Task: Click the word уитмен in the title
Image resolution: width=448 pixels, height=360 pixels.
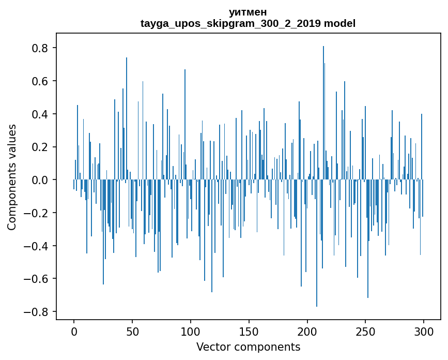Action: point(248,12)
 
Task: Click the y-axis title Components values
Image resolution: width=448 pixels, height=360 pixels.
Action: point(12,177)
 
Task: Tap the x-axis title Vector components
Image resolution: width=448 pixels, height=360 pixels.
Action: point(248,347)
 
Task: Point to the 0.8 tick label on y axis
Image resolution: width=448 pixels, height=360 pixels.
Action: point(40,48)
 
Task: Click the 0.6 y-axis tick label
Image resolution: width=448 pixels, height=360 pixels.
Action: point(40,81)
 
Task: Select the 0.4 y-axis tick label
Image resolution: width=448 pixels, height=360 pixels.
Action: point(40,114)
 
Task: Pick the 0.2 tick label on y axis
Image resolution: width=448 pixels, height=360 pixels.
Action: point(40,147)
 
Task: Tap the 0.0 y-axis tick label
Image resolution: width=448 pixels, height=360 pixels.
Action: point(40,180)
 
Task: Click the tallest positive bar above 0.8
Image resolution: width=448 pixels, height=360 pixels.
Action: point(323,103)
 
